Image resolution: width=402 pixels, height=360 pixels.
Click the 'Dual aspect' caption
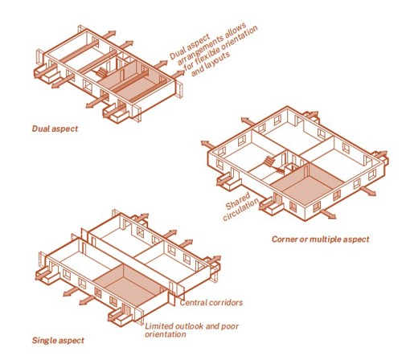[x=55, y=129]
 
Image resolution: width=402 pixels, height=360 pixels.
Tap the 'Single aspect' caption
[x=58, y=341]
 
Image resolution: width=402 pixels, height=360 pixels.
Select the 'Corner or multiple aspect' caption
[x=321, y=239]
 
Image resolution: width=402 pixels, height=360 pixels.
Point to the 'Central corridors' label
[x=211, y=303]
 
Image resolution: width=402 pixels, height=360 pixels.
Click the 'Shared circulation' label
[x=241, y=206]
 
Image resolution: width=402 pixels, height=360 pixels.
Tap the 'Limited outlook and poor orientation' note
[x=191, y=330]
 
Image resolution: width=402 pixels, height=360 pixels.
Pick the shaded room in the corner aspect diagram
[x=307, y=184]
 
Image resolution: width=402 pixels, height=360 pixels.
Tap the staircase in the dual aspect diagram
[x=102, y=72]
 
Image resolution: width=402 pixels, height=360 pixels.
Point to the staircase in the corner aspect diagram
[x=269, y=162]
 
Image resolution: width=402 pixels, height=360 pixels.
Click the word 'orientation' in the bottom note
[x=165, y=334]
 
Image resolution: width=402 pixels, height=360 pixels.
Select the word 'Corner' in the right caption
[x=285, y=239]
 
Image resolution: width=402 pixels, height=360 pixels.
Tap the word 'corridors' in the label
[x=225, y=303]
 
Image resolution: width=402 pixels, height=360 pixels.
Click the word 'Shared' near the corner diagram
[x=237, y=201]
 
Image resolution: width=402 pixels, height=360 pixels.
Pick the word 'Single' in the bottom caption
[x=43, y=341]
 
